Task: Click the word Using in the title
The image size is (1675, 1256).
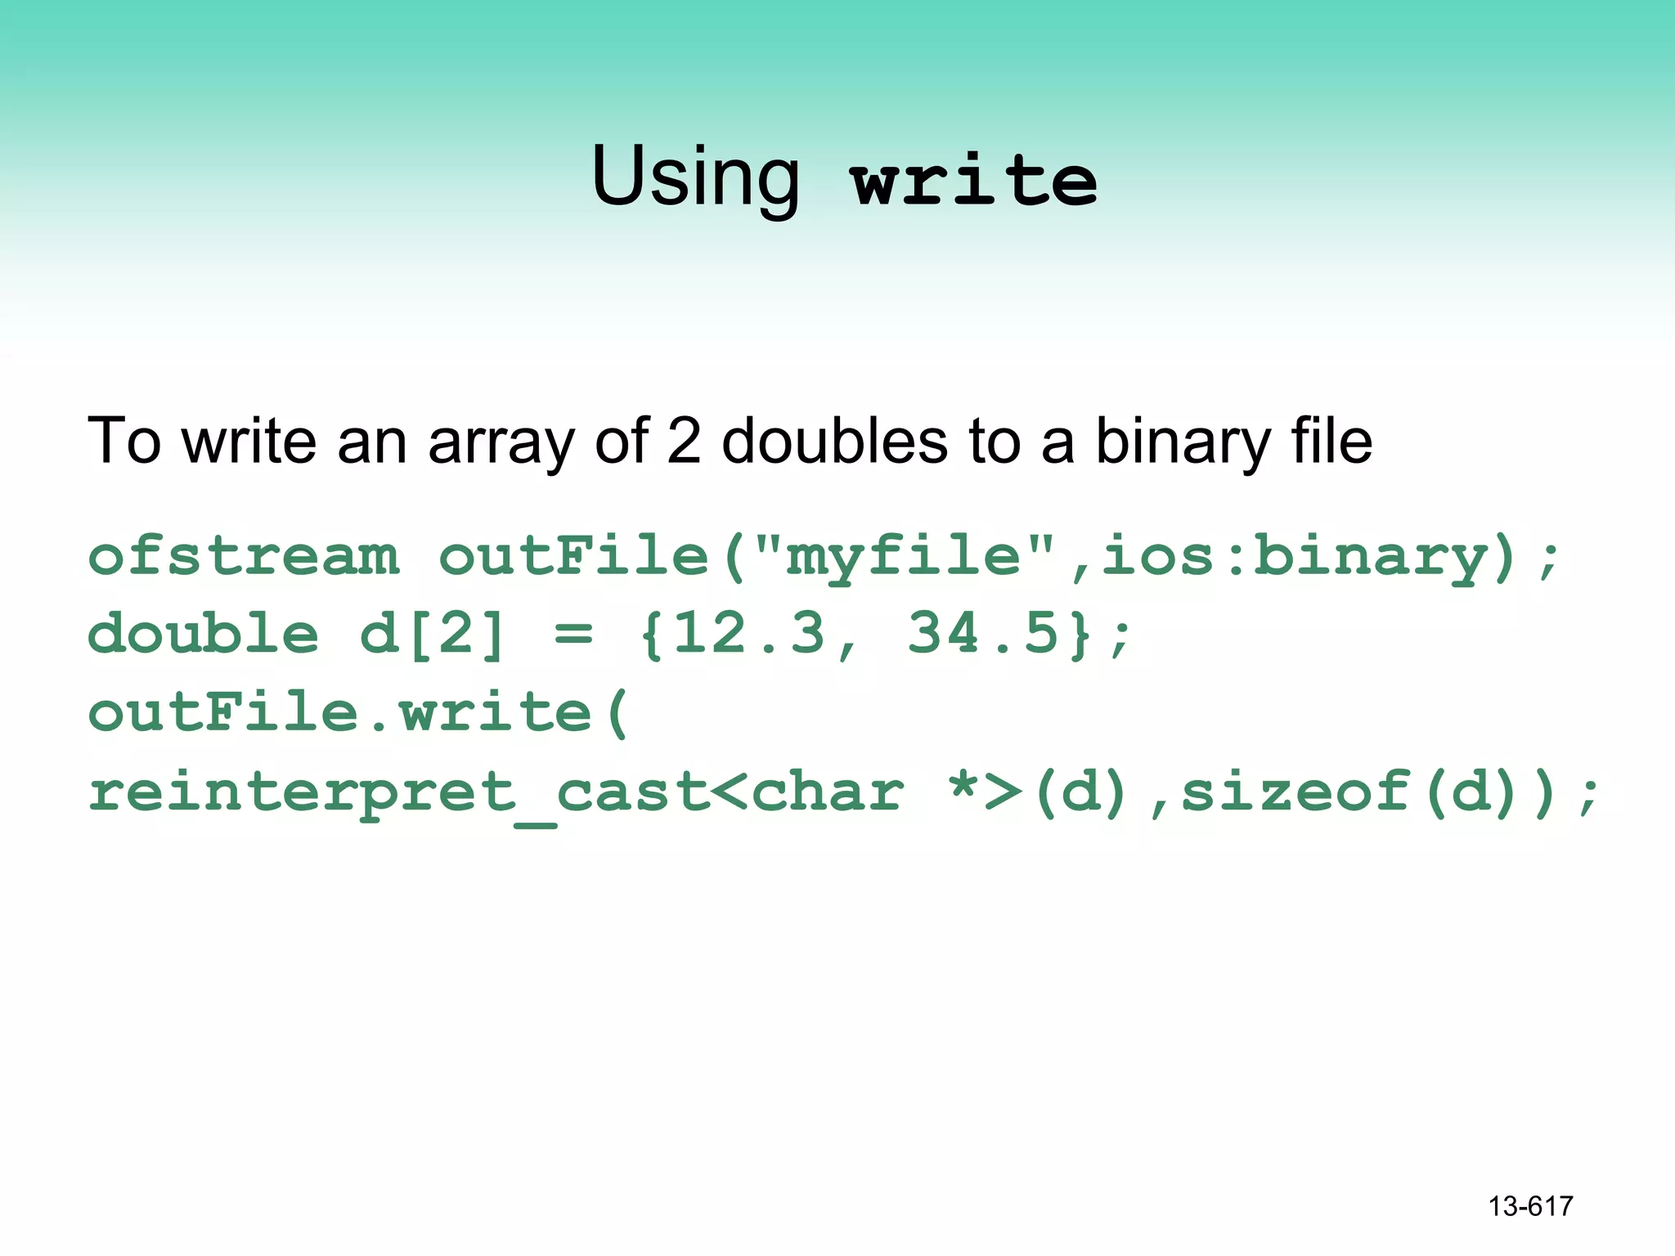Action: (695, 178)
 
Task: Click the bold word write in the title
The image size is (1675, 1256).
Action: (973, 182)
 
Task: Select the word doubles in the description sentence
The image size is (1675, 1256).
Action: (834, 442)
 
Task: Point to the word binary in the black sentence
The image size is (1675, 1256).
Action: (1183, 442)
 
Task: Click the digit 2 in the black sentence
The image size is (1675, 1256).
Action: (684, 442)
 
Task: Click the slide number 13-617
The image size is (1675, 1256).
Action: (1530, 1206)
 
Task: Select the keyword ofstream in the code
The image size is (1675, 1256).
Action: (243, 557)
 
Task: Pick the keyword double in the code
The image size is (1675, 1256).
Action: (203, 634)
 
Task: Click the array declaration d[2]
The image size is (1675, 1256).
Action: (432, 634)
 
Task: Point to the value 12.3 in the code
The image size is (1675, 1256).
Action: (749, 634)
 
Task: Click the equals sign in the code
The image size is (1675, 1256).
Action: (573, 634)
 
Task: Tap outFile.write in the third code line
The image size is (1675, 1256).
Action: (339, 711)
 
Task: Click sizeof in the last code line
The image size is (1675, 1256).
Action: (1297, 792)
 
